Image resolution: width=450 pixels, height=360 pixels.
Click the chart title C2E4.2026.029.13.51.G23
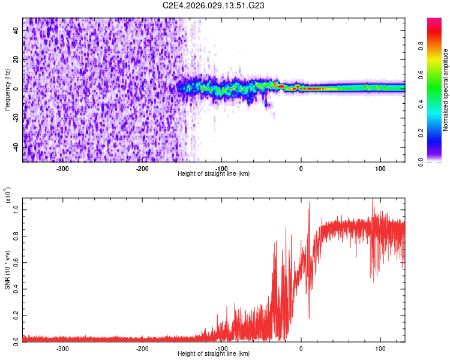point(214,5)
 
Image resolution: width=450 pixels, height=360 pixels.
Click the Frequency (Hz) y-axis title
point(7,89)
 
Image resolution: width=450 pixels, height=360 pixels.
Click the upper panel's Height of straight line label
point(214,173)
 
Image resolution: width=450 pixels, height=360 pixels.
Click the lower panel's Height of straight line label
point(214,353)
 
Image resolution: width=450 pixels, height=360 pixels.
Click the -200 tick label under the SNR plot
point(142,349)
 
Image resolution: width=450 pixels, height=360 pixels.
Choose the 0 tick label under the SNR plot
point(301,349)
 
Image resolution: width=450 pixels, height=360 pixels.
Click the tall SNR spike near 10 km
point(310,204)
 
